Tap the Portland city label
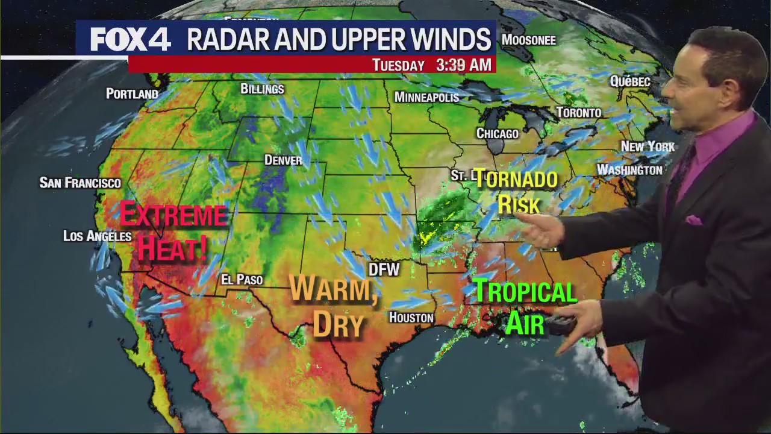pos(132,93)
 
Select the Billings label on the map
pos(262,89)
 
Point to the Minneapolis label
pos(426,97)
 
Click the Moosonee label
pos(528,40)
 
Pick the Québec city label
pos(630,81)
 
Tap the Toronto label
pos(578,113)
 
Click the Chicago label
pos(498,133)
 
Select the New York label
pos(648,146)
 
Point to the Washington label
pos(629,170)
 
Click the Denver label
pos(283,160)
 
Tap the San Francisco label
pos(80,183)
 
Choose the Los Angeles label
pos(97,236)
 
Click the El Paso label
pos(242,280)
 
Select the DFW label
pos(384,269)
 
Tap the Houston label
pos(411,317)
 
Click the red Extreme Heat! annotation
pos(173,231)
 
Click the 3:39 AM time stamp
pos(463,65)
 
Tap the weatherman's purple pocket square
pos(694,219)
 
